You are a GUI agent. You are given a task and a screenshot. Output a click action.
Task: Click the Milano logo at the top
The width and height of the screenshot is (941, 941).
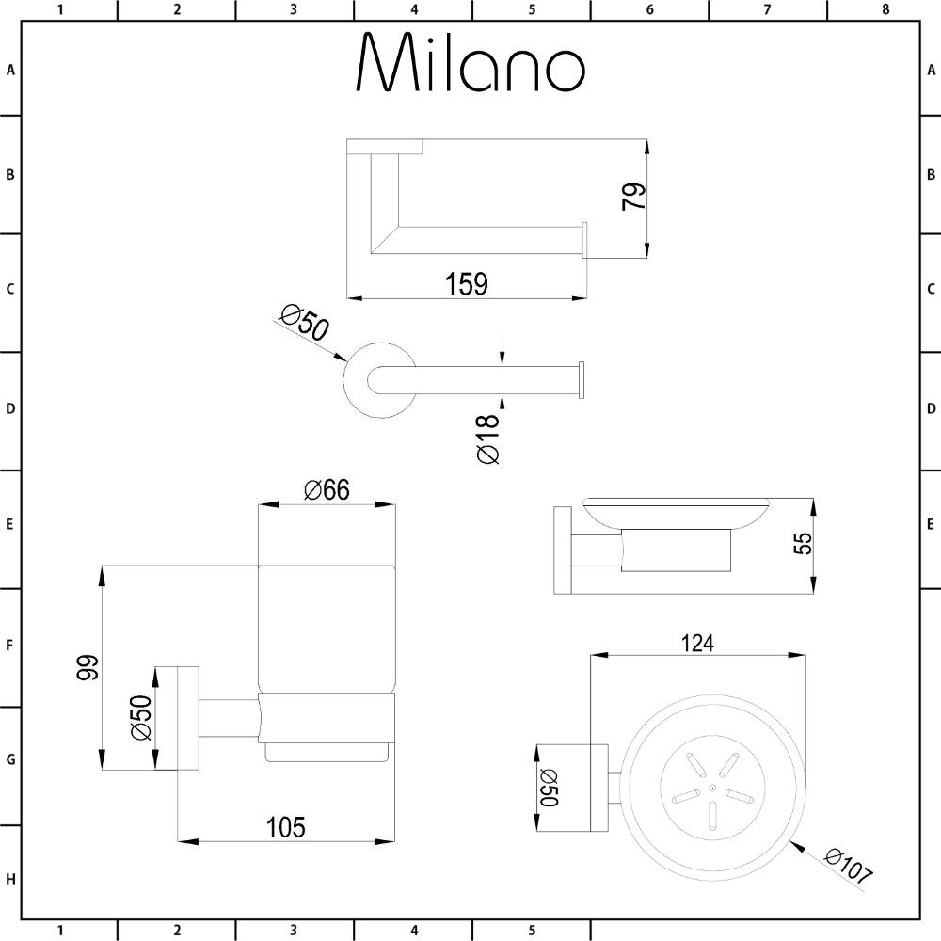pyautogui.click(x=470, y=62)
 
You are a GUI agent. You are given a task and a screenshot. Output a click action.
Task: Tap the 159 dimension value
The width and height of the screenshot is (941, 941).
pyautogui.click(x=467, y=284)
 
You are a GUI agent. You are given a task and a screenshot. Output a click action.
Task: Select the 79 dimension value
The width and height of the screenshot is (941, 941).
pyautogui.click(x=634, y=197)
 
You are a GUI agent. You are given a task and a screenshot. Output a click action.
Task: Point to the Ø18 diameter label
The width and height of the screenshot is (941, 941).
pyautogui.click(x=487, y=439)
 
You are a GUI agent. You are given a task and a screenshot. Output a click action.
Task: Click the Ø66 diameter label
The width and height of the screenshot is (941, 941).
pyautogui.click(x=327, y=489)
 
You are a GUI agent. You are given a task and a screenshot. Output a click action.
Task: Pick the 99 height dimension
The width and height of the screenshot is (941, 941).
pyautogui.click(x=88, y=667)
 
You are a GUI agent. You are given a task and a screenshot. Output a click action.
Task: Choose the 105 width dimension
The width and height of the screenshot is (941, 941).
pyautogui.click(x=286, y=827)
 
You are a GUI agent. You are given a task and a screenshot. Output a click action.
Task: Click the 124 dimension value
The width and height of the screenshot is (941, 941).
pyautogui.click(x=698, y=644)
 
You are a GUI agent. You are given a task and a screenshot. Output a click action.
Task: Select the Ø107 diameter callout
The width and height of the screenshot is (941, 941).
pyautogui.click(x=847, y=867)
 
